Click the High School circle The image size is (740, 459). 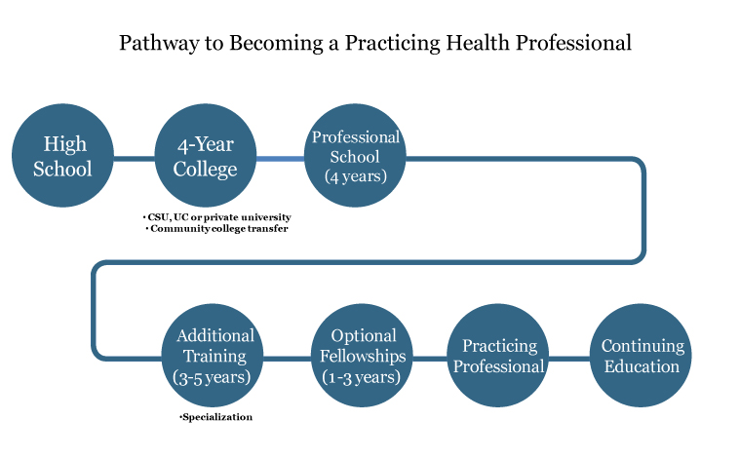click(62, 155)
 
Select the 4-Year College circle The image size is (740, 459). click(206, 155)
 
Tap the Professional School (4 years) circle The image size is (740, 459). click(355, 155)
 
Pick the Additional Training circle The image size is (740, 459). click(213, 356)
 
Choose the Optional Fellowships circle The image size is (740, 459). click(362, 356)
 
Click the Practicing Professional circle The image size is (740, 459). click(498, 356)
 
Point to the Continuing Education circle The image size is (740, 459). click(641, 356)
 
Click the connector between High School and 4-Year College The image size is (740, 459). click(135, 159)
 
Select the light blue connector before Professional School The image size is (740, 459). click(281, 159)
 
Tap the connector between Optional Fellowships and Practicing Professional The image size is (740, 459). click(430, 359)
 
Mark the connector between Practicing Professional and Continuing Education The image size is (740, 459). click(569, 359)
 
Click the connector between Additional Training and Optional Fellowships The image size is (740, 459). click(287, 359)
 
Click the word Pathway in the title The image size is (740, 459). click(160, 44)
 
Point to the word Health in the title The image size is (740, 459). click(478, 43)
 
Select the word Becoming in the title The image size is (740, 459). click(276, 44)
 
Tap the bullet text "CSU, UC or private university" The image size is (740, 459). click(219, 217)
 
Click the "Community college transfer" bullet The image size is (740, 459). click(219, 229)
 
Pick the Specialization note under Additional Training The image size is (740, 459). click(217, 417)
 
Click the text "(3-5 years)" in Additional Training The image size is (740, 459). click(212, 377)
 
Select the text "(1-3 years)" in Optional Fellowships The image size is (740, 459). click(361, 377)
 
